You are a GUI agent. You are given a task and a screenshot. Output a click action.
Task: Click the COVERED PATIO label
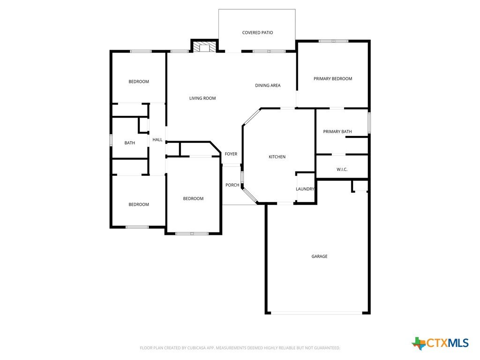[257, 32]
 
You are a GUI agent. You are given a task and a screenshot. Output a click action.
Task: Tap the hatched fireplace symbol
[204, 47]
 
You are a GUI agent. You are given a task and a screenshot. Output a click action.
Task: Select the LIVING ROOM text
[202, 98]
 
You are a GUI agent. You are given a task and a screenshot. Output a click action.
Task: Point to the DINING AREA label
[268, 85]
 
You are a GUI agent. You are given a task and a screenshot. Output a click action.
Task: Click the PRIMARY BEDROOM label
[333, 79]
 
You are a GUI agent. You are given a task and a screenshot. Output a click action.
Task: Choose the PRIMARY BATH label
[337, 132]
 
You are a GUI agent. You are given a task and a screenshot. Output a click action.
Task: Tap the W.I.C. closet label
[342, 169]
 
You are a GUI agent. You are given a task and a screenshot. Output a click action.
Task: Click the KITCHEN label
[277, 157]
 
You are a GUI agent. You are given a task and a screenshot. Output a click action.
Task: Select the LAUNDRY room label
[305, 189]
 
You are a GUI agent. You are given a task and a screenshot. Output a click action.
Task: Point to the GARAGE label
[319, 256]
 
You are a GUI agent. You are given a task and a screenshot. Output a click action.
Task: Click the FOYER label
[231, 154]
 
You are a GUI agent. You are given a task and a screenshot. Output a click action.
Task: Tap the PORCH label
[232, 185]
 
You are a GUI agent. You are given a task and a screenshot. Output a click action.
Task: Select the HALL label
[157, 140]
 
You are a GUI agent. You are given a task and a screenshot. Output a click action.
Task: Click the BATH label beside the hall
[129, 142]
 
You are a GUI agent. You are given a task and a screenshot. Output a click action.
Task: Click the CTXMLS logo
[440, 343]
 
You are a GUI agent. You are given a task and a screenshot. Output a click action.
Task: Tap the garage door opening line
[317, 313]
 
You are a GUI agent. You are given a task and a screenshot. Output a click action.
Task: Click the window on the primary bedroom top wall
[333, 41]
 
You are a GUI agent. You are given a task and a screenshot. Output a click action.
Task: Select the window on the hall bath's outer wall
[111, 140]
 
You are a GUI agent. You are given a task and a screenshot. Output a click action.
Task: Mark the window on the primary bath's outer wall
[369, 123]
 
